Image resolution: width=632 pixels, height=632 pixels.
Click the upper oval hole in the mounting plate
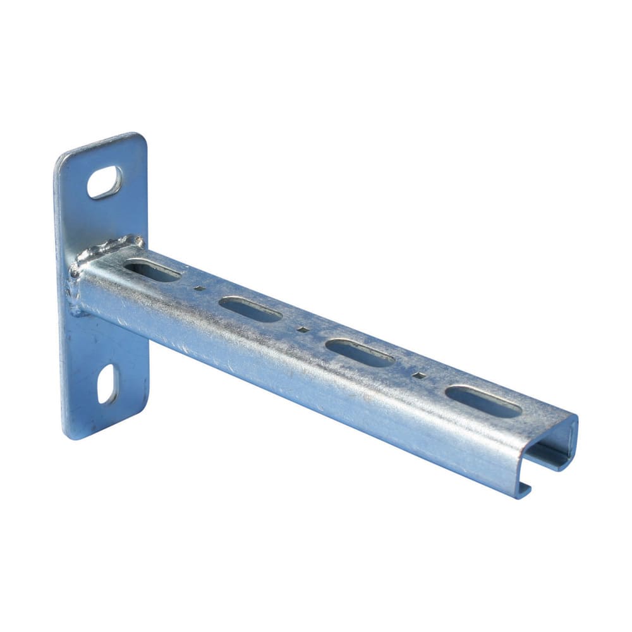[104, 182]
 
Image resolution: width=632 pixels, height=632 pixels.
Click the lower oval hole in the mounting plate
[107, 384]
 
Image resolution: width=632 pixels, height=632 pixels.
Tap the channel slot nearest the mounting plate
[152, 271]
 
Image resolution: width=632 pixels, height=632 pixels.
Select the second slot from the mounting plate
[250, 310]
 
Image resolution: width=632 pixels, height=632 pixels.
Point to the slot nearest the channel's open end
[483, 402]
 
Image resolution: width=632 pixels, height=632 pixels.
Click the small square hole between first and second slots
[199, 288]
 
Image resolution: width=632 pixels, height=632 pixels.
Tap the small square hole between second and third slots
[303, 329]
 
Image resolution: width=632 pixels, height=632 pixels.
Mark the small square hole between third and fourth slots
[418, 375]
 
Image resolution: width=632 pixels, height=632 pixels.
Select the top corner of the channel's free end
[575, 418]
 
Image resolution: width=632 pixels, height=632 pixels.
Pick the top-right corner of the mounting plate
[140, 136]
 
